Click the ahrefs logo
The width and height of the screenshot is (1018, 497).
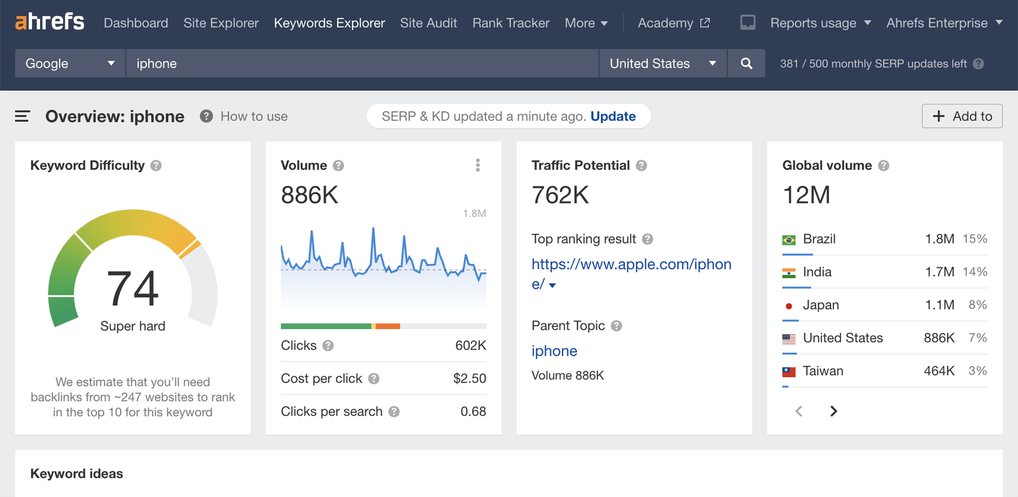point(50,22)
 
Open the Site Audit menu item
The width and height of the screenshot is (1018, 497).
point(428,23)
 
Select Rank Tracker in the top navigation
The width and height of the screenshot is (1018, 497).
point(511,23)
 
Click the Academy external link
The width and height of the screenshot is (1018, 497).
point(673,23)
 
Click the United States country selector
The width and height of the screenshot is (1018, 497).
point(662,64)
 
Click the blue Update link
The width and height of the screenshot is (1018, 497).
point(613,116)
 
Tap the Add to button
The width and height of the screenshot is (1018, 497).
point(962,116)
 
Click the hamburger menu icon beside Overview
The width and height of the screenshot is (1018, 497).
point(22,116)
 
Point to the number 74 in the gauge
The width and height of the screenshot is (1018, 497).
point(132,288)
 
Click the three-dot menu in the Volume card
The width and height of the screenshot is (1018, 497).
point(478,165)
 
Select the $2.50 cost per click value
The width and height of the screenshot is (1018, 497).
point(470,379)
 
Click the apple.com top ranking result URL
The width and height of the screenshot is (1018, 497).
point(631,265)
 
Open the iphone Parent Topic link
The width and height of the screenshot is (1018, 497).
point(554,351)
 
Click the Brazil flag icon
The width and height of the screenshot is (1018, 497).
point(789,240)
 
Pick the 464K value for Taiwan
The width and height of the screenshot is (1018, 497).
point(939,371)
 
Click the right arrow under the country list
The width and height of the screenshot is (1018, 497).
point(833,411)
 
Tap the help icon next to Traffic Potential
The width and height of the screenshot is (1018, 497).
point(641,165)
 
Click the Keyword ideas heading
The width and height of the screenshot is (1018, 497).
point(76,473)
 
